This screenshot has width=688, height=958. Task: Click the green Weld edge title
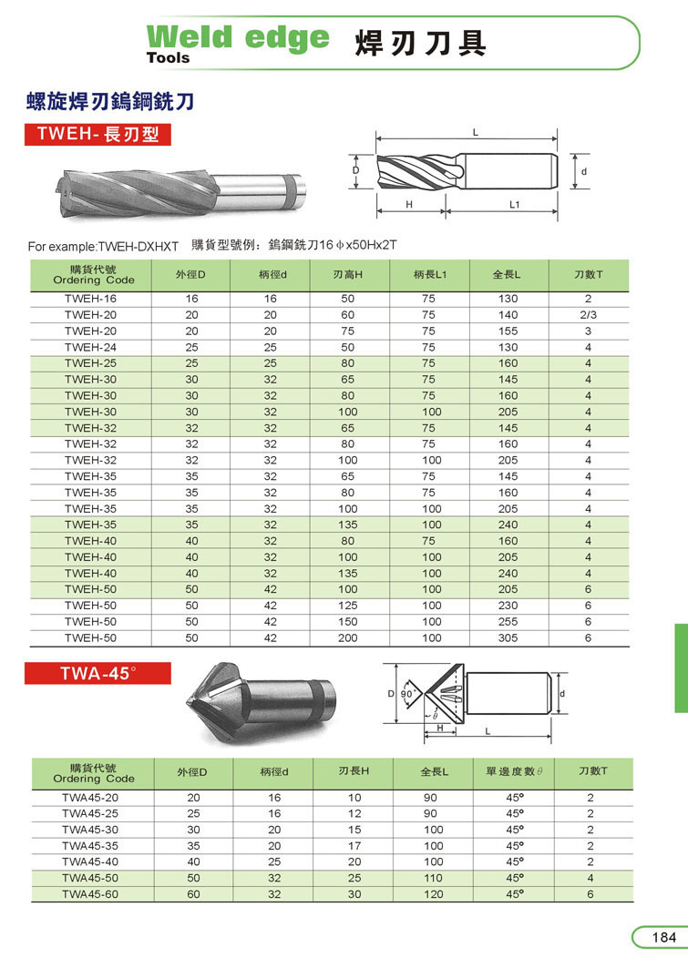pyautogui.click(x=238, y=37)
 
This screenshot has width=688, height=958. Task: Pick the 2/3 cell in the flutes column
pyautogui.click(x=588, y=315)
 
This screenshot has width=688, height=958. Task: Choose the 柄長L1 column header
pyautogui.click(x=428, y=274)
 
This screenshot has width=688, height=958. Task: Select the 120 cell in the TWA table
pyautogui.click(x=434, y=894)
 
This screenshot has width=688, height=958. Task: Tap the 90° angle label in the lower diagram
pyautogui.click(x=406, y=693)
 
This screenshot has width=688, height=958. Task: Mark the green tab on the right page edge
pyautogui.click(x=681, y=668)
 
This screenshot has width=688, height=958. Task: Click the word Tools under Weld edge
pyautogui.click(x=169, y=57)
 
